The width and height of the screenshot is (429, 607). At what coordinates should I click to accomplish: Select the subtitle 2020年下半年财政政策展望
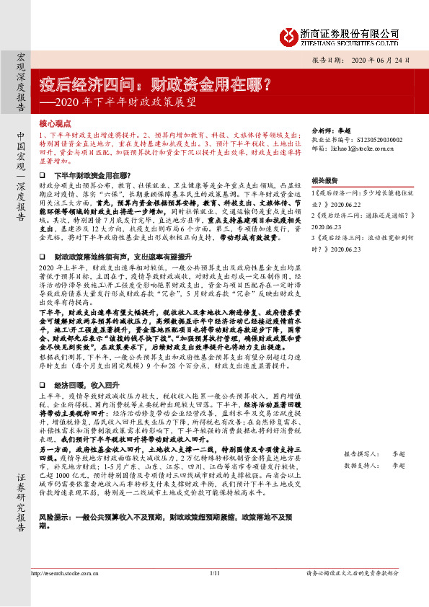[116, 102]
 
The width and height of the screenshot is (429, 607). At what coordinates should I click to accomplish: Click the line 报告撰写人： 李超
[375, 456]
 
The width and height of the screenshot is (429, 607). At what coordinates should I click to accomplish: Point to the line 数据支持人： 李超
[375, 466]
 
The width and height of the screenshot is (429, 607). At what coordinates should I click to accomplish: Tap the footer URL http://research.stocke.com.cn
[65, 593]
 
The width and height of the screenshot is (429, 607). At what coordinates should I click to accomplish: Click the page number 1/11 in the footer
[214, 593]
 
